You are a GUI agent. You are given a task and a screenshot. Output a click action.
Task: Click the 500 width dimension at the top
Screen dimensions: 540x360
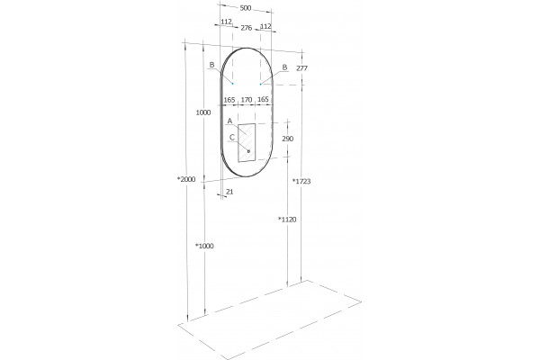click(x=245, y=8)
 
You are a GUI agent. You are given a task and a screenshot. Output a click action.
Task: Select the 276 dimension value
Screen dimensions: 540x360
click(x=247, y=28)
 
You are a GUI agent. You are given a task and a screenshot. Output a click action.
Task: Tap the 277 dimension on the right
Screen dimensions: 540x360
click(x=301, y=68)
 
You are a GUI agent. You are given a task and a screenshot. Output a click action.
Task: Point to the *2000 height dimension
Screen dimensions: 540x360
click(x=186, y=179)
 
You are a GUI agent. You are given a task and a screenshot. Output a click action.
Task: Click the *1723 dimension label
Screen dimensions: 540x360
click(x=301, y=181)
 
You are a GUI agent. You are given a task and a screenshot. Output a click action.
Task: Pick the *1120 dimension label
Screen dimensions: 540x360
click(x=287, y=220)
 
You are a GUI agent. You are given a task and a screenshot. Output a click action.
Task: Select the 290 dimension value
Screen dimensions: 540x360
click(x=288, y=139)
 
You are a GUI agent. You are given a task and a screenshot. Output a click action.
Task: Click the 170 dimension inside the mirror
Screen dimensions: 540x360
click(x=247, y=100)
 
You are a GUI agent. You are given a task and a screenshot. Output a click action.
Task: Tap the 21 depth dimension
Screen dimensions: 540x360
click(x=229, y=192)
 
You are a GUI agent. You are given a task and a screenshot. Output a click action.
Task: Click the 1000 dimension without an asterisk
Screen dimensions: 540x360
click(x=203, y=112)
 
